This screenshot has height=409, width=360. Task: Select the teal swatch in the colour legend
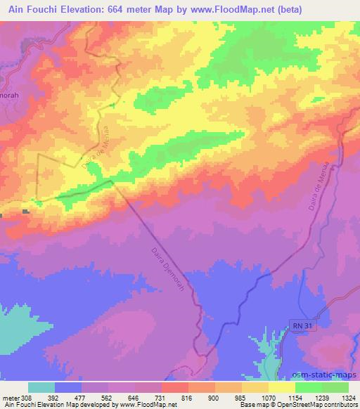coord(41,387)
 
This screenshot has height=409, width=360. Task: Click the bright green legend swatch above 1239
coord(309,387)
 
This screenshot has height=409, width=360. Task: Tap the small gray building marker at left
coord(26,211)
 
